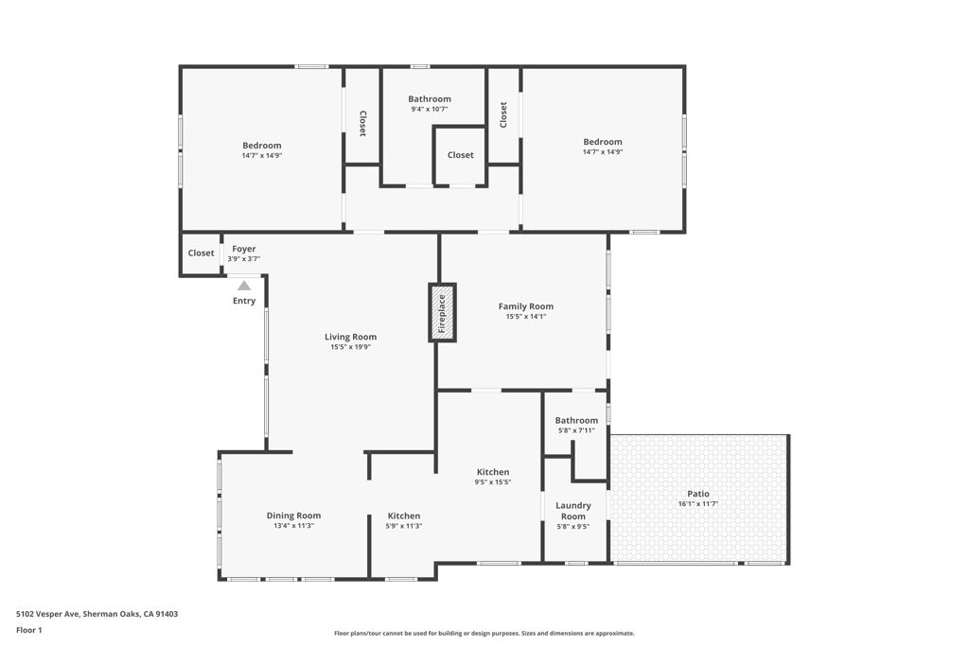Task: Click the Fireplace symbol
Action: point(443,312)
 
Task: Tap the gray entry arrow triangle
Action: point(244,286)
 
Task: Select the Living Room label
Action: point(350,337)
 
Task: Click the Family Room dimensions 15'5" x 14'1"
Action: point(526,316)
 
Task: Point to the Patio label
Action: point(698,494)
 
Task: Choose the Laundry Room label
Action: point(573,511)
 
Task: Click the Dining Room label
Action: point(293,515)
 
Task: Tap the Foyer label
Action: point(244,249)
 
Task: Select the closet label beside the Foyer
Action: point(201,253)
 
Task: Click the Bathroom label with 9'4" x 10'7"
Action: point(430,98)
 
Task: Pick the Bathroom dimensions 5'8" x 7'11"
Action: point(576,430)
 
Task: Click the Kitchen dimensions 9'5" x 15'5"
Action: point(493,482)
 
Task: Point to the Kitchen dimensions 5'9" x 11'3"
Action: point(404,526)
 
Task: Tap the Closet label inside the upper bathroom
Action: point(461,155)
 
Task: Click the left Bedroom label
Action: point(262,146)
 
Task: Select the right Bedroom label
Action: point(603,142)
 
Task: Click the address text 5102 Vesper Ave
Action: point(47,614)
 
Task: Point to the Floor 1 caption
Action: point(29,630)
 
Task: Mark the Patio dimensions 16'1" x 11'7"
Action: point(698,504)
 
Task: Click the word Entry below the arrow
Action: point(244,301)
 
